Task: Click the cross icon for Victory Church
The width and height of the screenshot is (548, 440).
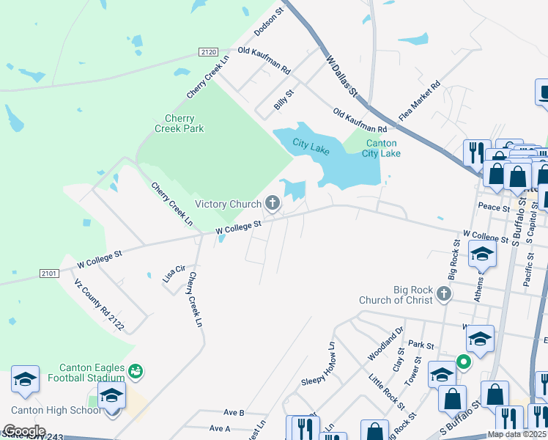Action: point(273,202)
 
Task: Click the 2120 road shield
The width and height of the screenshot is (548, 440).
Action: point(209,51)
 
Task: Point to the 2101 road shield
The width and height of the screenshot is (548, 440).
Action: point(48,274)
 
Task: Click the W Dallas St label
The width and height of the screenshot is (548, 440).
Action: point(341,76)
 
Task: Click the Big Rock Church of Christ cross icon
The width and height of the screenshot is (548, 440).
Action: point(443,294)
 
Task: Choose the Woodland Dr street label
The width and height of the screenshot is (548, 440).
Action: point(385,344)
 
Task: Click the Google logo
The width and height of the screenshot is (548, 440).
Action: point(23,431)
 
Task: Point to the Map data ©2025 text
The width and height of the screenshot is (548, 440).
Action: point(516,434)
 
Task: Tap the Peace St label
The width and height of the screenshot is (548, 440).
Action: point(492,208)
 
